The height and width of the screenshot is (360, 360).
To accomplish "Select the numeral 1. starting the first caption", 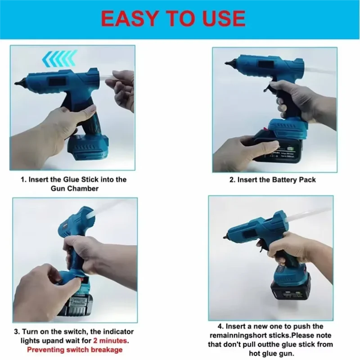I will pos(24,179).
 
